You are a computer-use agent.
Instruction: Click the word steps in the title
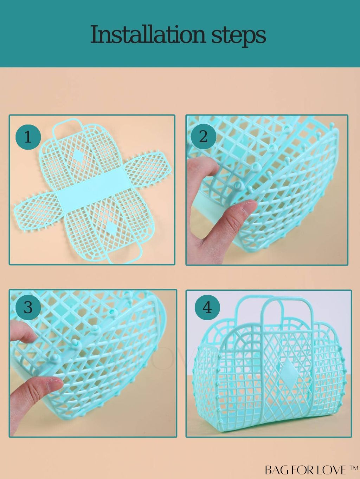pyautogui.click(x=239, y=37)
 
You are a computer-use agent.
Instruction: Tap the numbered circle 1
pyautogui.click(x=28, y=137)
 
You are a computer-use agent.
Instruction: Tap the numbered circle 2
pyautogui.click(x=204, y=137)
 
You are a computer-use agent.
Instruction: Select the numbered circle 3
pyautogui.click(x=28, y=308)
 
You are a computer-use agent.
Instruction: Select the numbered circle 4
pyautogui.click(x=207, y=308)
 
